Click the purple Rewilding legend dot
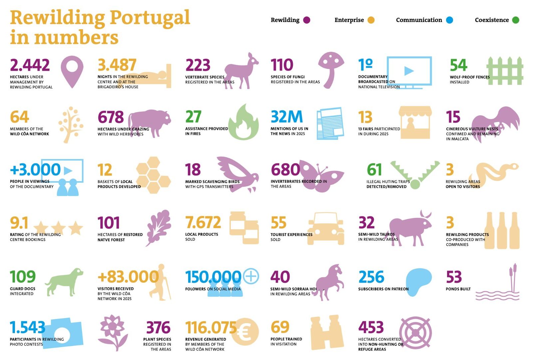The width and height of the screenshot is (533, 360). pos(307,20)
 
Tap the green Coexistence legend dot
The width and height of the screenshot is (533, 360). pos(516,20)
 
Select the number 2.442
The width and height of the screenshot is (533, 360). pos(30,65)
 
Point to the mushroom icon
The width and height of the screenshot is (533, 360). pos(331,70)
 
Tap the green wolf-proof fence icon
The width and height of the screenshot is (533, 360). pos(505,71)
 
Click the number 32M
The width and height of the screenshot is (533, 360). pos(287,117)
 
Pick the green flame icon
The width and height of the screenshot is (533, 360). pos(244,122)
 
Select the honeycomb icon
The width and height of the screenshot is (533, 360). pos(154,175)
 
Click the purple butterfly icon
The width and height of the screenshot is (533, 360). pos(321,176)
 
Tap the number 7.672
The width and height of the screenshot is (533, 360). pos(203,222)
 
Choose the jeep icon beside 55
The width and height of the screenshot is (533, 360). pos(326,229)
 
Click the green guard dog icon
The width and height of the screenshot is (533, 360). pos(64,282)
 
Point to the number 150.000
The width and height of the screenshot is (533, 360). pos(213,277)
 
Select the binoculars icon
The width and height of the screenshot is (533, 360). pos(327,332)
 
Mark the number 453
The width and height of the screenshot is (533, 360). pos(371,327)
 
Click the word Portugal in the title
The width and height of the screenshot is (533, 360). pos(150,18)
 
